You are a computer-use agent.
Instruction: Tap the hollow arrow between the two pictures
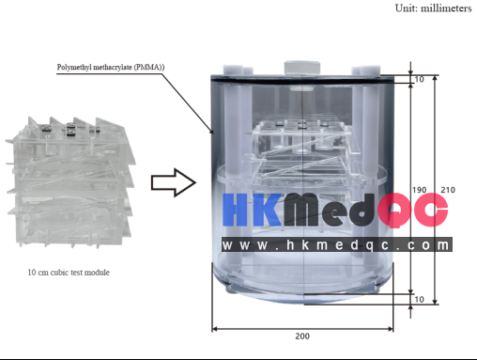(x=174, y=182)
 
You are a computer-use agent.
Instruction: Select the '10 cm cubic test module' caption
(x=69, y=273)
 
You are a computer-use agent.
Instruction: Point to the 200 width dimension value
(x=301, y=336)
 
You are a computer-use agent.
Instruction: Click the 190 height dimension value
(x=419, y=190)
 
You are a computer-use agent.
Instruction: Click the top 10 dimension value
(x=419, y=79)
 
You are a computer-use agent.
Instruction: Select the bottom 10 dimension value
(x=419, y=299)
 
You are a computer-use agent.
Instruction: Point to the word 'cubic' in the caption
(x=65, y=273)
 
